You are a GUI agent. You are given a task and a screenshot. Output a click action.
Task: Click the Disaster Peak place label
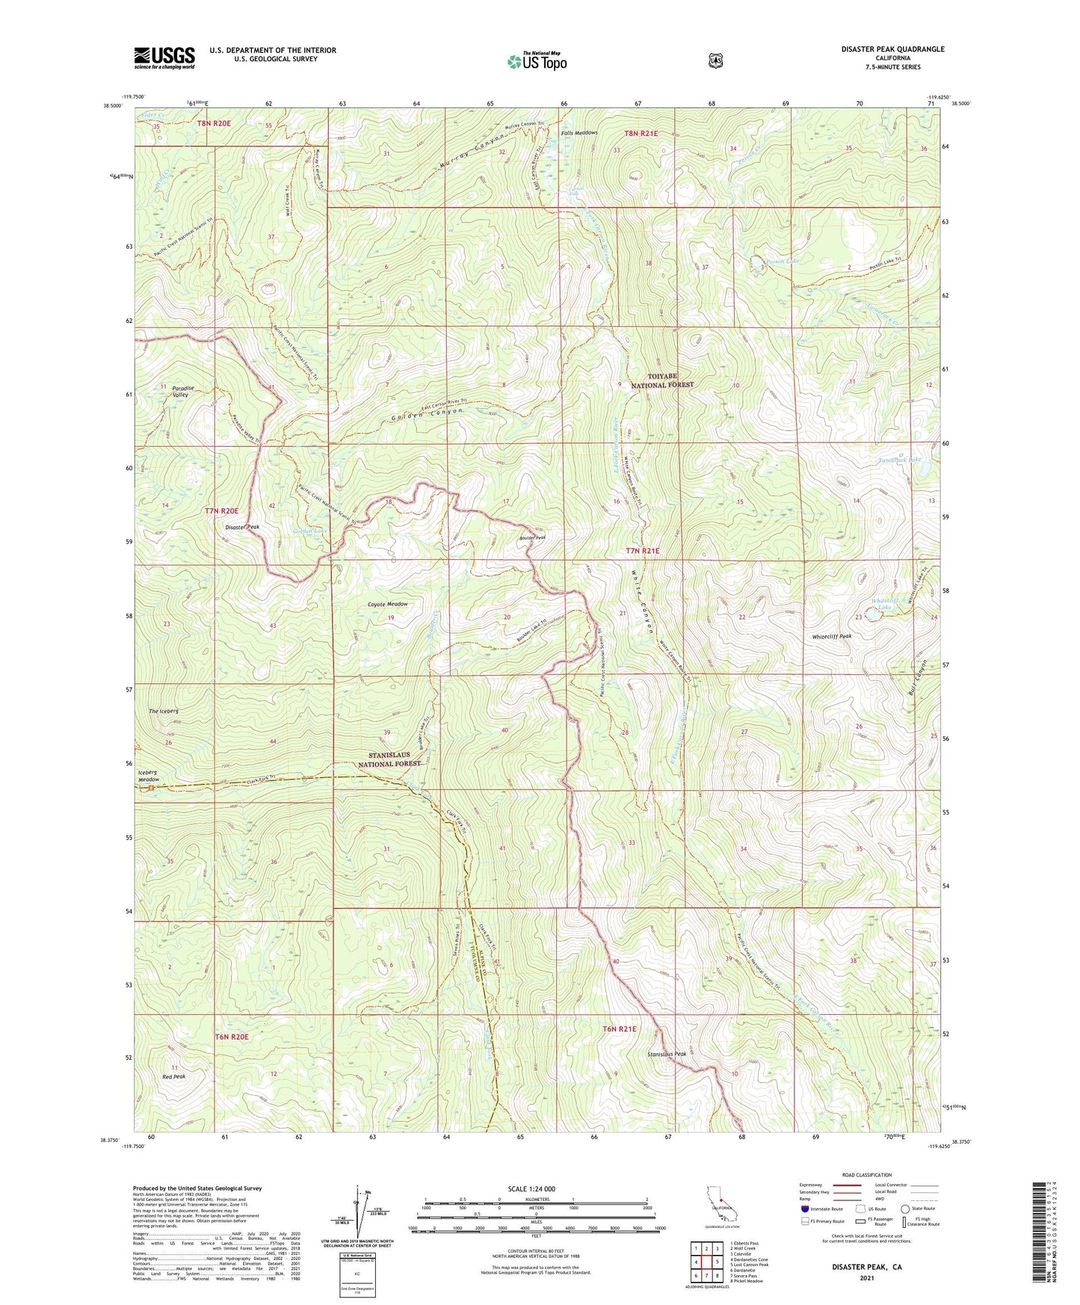(x=242, y=527)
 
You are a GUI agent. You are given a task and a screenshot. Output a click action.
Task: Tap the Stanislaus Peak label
(x=667, y=1054)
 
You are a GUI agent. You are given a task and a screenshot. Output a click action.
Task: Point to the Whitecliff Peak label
(x=832, y=636)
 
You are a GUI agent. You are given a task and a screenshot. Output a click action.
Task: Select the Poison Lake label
(x=781, y=261)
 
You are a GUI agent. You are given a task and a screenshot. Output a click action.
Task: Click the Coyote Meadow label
(x=387, y=604)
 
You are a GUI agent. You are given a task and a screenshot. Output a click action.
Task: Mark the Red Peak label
(x=173, y=1076)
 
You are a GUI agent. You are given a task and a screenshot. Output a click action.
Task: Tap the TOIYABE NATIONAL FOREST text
(x=662, y=380)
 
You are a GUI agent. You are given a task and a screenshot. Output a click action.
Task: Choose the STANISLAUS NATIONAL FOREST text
(x=389, y=760)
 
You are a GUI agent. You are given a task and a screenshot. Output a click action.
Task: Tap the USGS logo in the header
(x=164, y=58)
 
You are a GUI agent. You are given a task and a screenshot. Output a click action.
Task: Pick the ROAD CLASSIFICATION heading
(x=866, y=1175)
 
